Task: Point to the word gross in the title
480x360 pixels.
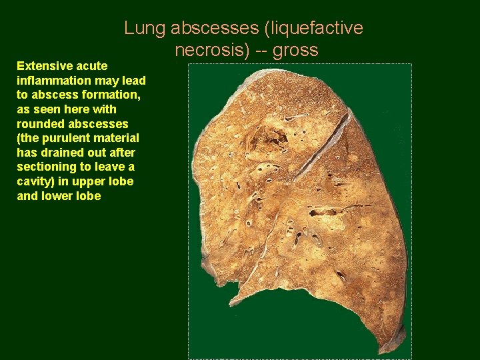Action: click(297, 49)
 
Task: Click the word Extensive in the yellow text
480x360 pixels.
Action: click(45, 66)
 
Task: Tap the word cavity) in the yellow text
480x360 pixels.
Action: click(34, 181)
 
